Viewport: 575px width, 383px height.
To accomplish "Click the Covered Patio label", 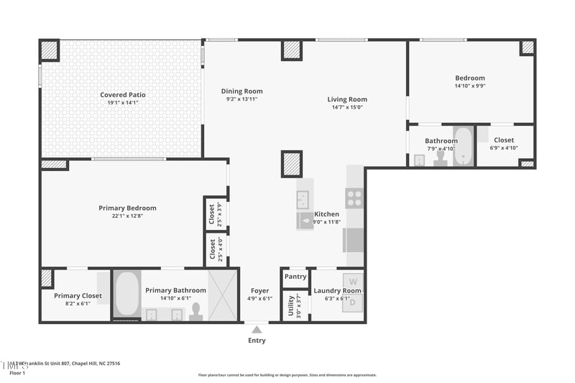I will click(x=123, y=95).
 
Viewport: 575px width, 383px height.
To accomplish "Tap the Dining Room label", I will click(x=241, y=91).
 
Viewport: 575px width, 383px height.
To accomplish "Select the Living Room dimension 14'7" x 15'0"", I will click(x=347, y=108).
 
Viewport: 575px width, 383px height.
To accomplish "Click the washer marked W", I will click(x=352, y=281).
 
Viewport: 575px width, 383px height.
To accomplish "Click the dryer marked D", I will click(x=352, y=303).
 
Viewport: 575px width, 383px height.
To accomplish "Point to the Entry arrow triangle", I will click(x=257, y=330).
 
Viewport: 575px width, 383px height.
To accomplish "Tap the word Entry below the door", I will click(x=257, y=341).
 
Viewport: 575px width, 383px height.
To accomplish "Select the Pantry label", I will click(x=295, y=277).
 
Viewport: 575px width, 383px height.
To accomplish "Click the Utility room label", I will click(x=292, y=305).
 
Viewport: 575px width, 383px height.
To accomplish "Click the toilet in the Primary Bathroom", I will click(x=195, y=310).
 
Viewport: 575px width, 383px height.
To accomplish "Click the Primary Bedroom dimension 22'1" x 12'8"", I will click(x=127, y=216).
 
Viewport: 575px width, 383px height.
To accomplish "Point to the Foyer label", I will click(x=259, y=290).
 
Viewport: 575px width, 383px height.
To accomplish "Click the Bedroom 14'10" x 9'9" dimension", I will click(x=470, y=86).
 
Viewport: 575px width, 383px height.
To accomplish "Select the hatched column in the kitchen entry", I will click(x=292, y=164).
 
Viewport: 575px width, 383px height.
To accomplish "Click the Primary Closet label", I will click(x=78, y=295).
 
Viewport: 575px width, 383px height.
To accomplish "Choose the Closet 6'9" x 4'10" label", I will click(x=504, y=141).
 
